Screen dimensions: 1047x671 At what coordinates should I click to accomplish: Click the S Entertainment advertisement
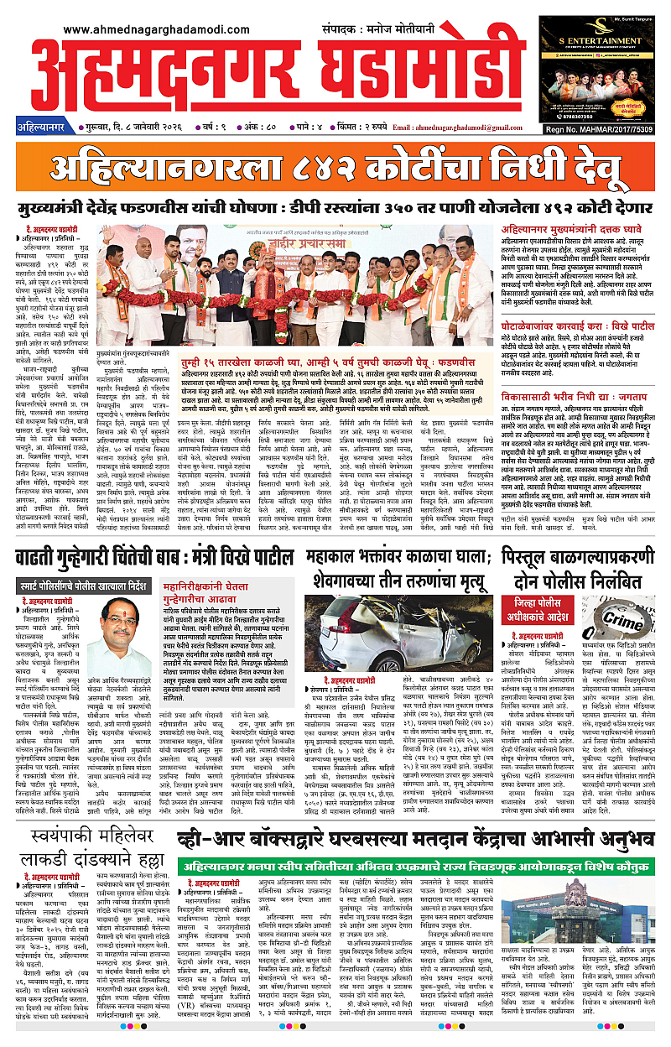[x=609, y=67]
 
